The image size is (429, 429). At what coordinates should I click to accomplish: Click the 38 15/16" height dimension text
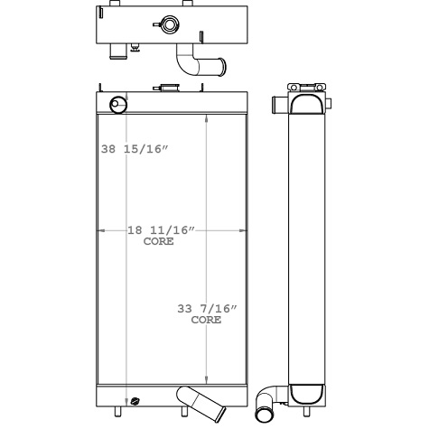135,149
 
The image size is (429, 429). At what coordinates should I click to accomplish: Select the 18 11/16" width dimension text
160,230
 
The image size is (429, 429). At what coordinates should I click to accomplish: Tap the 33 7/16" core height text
207,309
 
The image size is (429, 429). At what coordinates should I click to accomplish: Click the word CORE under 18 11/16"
160,241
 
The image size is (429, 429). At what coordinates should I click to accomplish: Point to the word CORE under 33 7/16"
206,320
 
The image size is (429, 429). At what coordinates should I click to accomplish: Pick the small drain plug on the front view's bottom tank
135,402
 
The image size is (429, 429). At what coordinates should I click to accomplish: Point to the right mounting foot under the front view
185,414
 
